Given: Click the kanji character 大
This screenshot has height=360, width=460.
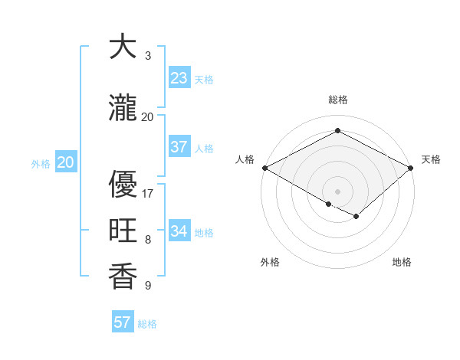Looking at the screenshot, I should tap(123, 47).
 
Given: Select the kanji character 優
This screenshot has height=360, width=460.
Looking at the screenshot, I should tap(123, 184).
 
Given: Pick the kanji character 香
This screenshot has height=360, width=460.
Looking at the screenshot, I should tap(123, 277).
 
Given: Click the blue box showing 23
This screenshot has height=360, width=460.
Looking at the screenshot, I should tap(179, 78).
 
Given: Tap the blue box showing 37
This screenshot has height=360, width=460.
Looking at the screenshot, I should tap(179, 147).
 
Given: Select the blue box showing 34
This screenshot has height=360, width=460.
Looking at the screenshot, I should tap(179, 231).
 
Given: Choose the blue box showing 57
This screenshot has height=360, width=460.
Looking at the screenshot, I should tap(123, 322).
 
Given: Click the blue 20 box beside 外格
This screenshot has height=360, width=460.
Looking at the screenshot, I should tap(66, 162).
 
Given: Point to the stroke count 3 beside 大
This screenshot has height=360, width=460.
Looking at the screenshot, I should tap(147, 56).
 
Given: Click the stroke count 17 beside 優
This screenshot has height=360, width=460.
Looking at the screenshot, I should tap(148, 194).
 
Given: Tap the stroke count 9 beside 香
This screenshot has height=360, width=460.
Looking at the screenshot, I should tap(147, 286).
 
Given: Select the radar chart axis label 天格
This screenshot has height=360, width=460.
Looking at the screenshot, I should tap(432, 159).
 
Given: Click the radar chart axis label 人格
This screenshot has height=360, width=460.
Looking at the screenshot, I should tap(245, 159).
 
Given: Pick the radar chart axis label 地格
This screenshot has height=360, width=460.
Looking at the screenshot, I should tap(402, 262).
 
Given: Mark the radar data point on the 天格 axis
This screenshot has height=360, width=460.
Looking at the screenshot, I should tap(412, 168).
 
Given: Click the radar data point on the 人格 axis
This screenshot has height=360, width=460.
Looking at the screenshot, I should tap(264, 168).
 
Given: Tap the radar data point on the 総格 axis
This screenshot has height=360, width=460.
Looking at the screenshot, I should tap(337, 130).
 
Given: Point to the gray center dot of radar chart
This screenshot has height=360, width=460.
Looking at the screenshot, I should tap(337, 191).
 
